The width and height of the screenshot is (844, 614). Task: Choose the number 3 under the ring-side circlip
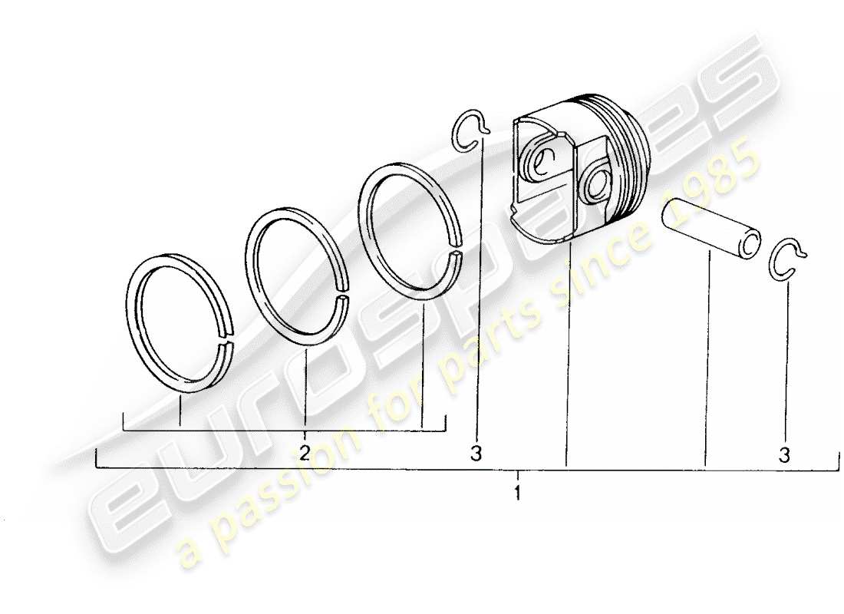tap(476, 454)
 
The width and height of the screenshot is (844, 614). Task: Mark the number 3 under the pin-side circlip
tap(783, 455)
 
